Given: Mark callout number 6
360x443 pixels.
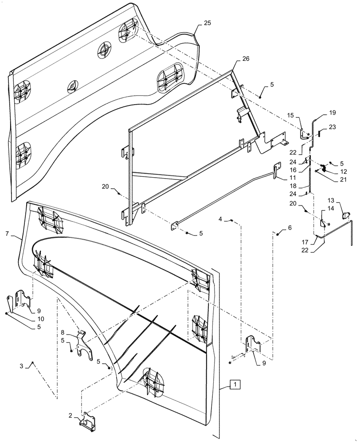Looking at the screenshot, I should pos(290,227).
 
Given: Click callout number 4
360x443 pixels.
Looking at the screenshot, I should pos(220,219).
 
